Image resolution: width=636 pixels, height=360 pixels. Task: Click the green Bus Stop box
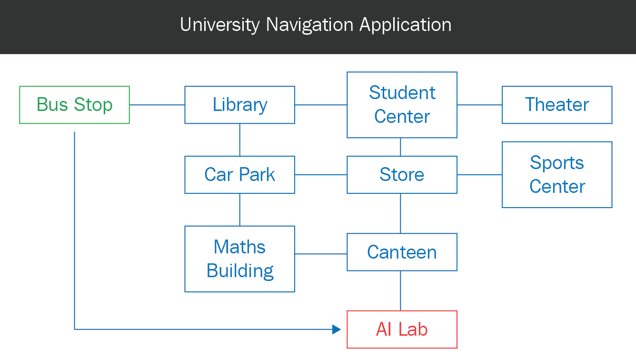point(74,105)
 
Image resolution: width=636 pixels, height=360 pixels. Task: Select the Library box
point(239,105)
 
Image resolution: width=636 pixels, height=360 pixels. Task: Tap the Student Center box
point(402,105)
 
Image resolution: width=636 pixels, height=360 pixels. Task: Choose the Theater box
point(557,105)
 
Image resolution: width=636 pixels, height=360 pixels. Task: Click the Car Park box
point(239,175)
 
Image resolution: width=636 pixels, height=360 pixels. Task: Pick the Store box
point(402,175)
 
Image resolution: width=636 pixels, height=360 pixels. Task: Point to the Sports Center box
point(557,175)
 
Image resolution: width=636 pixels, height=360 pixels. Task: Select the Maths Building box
point(239,259)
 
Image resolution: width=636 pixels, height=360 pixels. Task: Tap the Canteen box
point(402,252)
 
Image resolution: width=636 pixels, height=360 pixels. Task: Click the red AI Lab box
point(402,330)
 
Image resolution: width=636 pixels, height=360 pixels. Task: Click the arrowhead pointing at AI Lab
point(337,330)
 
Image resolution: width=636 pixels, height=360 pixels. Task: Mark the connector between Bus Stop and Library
point(157,105)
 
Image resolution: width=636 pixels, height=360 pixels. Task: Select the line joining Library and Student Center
point(321,105)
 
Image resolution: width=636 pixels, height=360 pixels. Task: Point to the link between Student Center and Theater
point(479,105)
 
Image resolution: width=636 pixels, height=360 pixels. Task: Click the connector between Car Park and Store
point(321,175)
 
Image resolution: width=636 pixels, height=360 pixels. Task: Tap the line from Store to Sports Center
point(479,175)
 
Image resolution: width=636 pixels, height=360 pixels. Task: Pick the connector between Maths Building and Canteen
point(321,253)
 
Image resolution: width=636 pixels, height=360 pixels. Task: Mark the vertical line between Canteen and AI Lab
point(400,291)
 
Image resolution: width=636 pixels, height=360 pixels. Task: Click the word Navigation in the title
point(310,25)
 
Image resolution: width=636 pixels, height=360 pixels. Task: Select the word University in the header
point(220,25)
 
